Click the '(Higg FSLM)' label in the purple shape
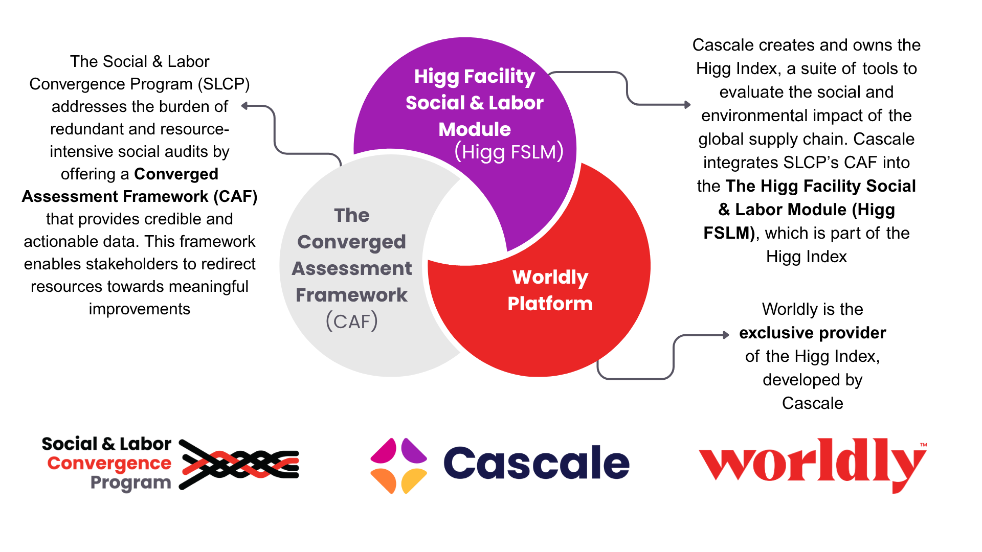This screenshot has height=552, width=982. (x=509, y=152)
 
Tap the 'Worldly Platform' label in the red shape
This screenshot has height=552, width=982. (x=550, y=290)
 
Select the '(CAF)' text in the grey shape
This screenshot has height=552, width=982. (x=352, y=321)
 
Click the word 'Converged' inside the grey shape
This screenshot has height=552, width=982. (x=352, y=242)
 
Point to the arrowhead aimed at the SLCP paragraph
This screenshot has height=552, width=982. (x=245, y=106)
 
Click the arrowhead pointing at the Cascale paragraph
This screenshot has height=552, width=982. (x=687, y=105)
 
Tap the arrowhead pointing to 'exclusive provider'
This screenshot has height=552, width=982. (x=726, y=335)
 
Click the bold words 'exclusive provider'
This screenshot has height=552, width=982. (x=812, y=333)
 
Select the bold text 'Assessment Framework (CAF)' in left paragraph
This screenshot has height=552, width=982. (x=139, y=196)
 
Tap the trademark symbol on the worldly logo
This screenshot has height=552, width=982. (x=923, y=445)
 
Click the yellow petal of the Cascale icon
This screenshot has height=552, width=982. (x=413, y=481)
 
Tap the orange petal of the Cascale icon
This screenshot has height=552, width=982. (x=385, y=481)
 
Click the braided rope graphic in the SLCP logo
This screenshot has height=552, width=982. (x=239, y=464)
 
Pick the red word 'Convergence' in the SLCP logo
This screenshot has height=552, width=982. (x=109, y=463)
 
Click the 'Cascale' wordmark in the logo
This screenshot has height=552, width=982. (x=536, y=463)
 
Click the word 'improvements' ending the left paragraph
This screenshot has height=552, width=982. (x=139, y=309)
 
